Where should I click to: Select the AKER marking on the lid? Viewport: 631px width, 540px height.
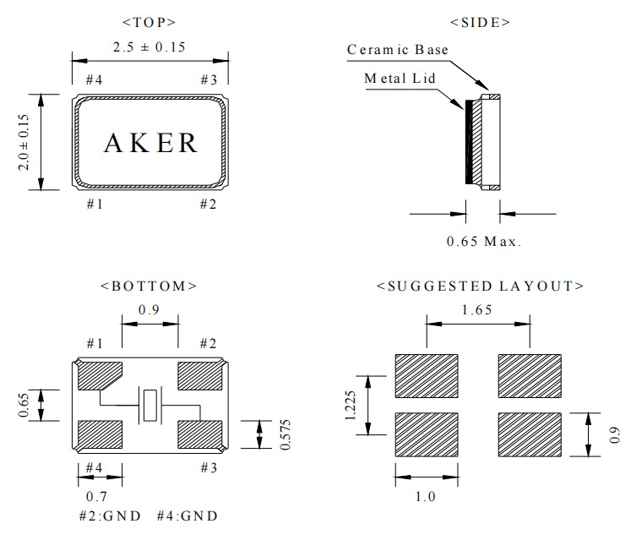tap(150, 143)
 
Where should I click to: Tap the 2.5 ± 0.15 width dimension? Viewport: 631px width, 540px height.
tap(150, 46)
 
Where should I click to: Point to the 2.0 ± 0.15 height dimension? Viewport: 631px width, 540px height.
tap(24, 143)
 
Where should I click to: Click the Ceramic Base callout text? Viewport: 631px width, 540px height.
tap(397, 50)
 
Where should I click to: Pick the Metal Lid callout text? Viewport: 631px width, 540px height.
tap(398, 78)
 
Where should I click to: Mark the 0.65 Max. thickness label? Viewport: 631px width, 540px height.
tap(484, 241)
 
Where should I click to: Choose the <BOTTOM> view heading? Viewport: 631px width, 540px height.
tap(149, 286)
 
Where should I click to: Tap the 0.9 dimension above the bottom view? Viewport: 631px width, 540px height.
tap(150, 309)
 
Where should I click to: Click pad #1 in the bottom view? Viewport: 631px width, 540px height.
tap(100, 375)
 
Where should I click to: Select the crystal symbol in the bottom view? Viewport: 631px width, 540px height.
tap(150, 406)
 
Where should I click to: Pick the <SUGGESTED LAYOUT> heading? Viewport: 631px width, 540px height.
tap(479, 286)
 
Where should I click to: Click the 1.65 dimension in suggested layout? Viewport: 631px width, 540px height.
tap(478, 309)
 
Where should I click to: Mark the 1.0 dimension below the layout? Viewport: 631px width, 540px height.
tap(426, 496)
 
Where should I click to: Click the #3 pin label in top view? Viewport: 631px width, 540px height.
tap(209, 79)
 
